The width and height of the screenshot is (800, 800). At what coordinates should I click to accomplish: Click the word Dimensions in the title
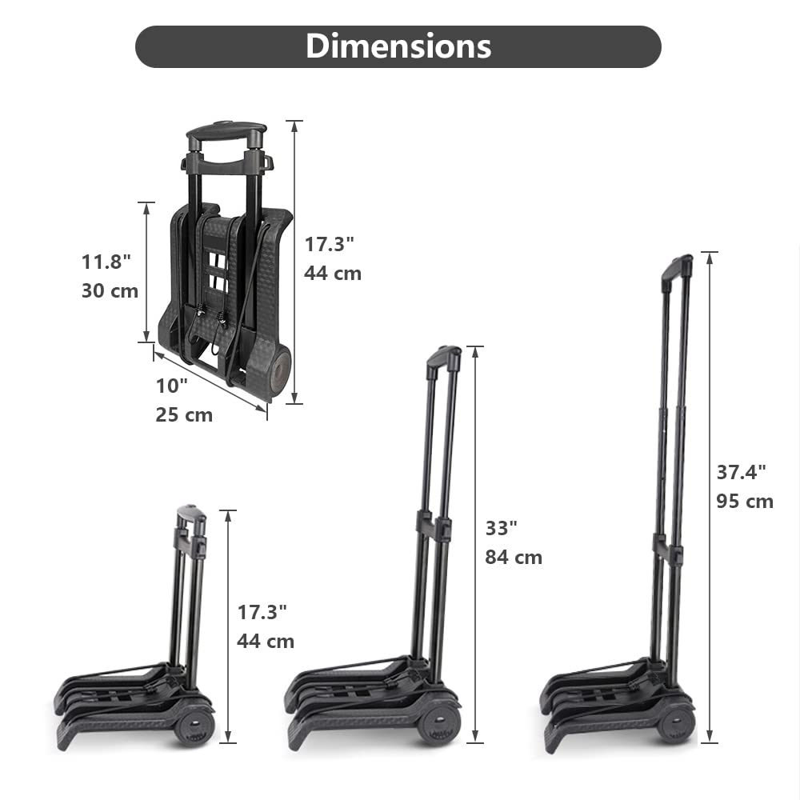click(398, 46)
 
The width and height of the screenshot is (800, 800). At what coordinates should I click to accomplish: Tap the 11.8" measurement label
click(106, 262)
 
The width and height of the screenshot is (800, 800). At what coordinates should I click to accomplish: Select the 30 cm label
click(110, 290)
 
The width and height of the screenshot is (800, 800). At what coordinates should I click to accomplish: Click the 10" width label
click(171, 386)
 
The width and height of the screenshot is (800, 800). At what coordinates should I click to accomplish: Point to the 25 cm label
click(184, 414)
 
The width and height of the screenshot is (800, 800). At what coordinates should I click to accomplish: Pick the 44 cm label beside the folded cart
click(333, 273)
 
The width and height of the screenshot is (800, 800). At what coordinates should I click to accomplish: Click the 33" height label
click(502, 528)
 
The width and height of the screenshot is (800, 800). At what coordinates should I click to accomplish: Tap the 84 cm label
click(514, 557)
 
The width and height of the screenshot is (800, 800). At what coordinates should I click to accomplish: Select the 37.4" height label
click(742, 472)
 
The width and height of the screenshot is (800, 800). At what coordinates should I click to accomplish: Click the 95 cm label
click(745, 502)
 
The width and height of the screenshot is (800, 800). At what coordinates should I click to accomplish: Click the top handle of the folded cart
click(226, 132)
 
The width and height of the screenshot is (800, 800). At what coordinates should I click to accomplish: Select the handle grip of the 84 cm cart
click(445, 358)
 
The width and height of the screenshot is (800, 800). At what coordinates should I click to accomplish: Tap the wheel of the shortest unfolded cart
click(194, 726)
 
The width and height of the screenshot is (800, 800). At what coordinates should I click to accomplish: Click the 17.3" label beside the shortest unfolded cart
click(262, 612)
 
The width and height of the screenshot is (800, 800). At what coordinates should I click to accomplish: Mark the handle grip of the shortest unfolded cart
click(192, 513)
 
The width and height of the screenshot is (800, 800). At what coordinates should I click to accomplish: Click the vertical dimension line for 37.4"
click(710, 496)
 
